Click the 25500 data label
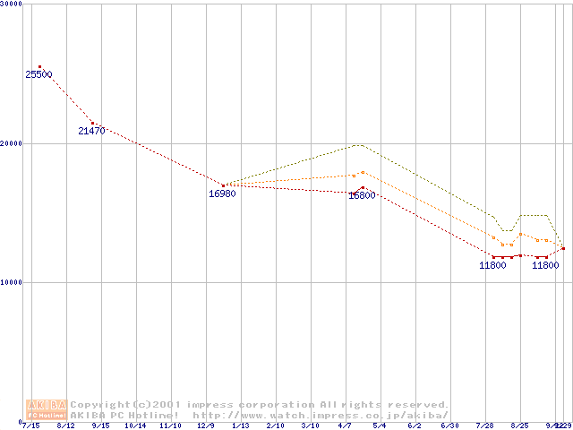tap(38, 74)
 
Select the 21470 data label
tap(91, 131)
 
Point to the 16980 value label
tap(222, 193)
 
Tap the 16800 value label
tap(362, 195)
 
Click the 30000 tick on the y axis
tap(12, 4)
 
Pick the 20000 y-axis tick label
tap(12, 143)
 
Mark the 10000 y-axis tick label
tap(12, 282)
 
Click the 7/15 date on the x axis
tap(30, 426)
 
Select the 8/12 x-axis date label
tap(65, 426)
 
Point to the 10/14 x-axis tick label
tap(135, 426)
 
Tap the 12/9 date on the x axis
tap(205, 426)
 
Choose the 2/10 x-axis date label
tap(275, 426)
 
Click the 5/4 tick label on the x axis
tap(380, 426)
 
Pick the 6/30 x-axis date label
tap(449, 426)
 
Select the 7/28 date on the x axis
tap(484, 426)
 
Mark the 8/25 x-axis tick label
tap(519, 426)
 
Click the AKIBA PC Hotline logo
tap(47, 409)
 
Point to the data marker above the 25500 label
tap(39, 66)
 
